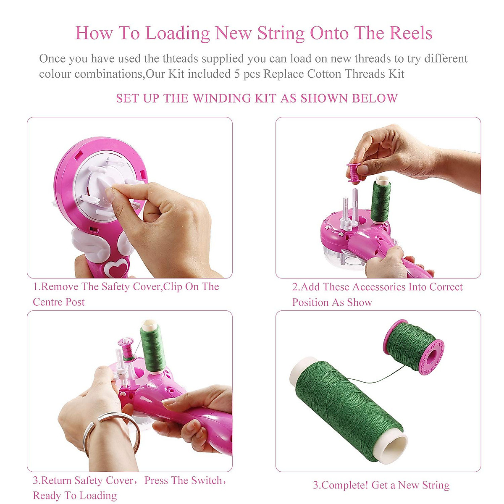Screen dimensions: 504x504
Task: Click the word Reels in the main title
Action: (x=411, y=33)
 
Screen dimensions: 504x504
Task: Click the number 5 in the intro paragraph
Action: (x=237, y=74)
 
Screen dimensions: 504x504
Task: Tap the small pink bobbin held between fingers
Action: (x=353, y=172)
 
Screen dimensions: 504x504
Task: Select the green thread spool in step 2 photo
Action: (x=381, y=199)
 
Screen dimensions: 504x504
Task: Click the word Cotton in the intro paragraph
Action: (x=324, y=74)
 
